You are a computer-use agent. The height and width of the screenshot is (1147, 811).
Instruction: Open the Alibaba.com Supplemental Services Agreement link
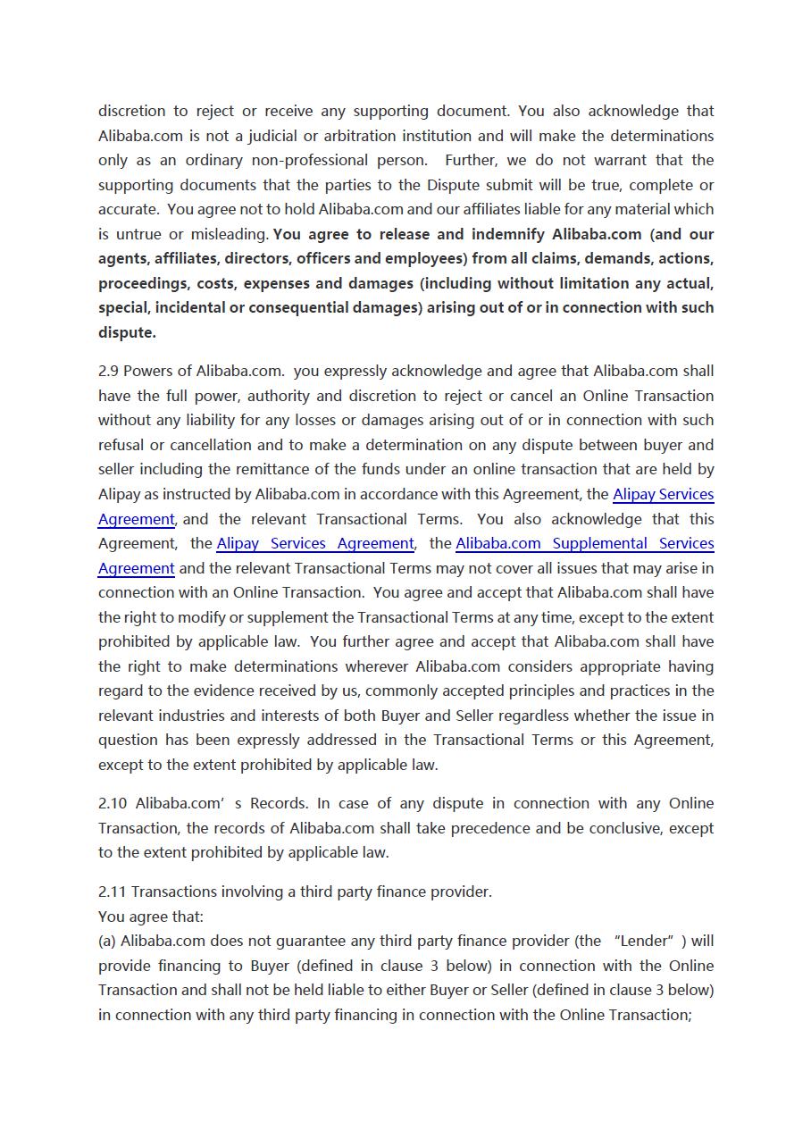(x=584, y=544)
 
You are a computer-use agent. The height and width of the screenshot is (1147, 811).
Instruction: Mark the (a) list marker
(x=107, y=942)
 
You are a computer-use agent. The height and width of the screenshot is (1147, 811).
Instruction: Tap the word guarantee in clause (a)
(x=273, y=942)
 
